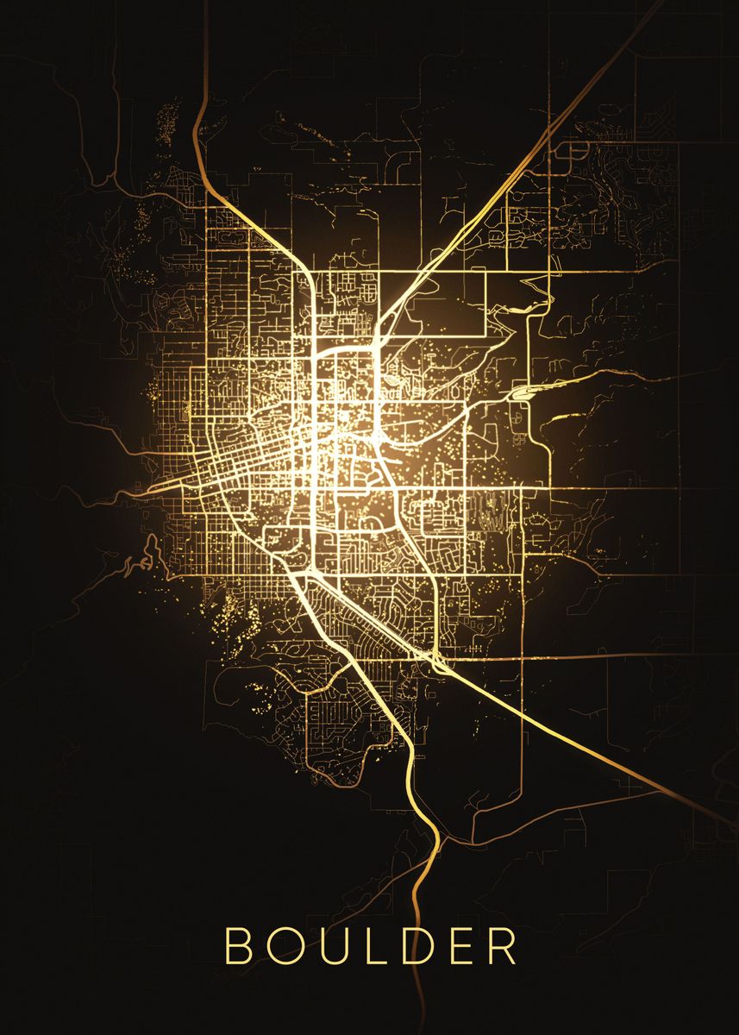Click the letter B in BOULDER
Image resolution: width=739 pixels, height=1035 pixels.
[x=236, y=946]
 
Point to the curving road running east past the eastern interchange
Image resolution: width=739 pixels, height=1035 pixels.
[x=604, y=379]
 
